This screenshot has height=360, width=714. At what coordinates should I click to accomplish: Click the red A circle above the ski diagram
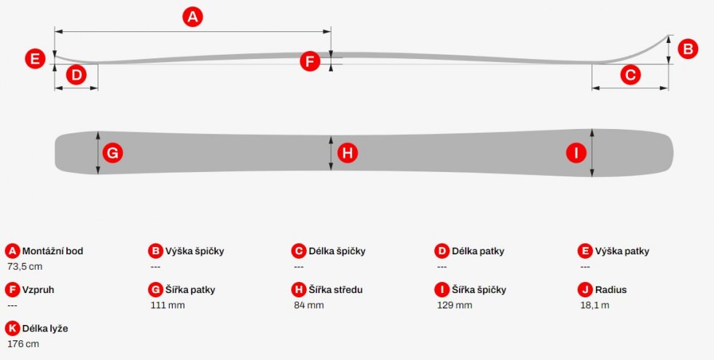(x=192, y=17)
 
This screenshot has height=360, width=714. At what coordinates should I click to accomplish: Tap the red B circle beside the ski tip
(x=688, y=49)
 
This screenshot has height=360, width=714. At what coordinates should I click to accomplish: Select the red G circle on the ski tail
(x=112, y=153)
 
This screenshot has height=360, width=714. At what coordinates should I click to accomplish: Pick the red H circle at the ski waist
(x=348, y=153)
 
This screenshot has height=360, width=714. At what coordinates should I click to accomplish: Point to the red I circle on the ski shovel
(x=576, y=153)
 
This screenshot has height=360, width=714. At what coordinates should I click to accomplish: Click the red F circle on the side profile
(x=310, y=61)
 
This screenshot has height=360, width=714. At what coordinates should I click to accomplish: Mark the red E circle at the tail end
(x=35, y=59)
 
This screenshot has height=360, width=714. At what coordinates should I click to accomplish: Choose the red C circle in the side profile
(x=630, y=75)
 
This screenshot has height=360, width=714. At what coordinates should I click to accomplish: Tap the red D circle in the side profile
(x=76, y=75)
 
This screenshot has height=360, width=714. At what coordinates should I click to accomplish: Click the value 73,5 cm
(x=25, y=267)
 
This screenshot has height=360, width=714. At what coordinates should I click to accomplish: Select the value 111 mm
(x=168, y=305)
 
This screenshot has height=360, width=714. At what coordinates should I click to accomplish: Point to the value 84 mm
(x=309, y=305)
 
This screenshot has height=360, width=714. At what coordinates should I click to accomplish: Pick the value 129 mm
(x=455, y=305)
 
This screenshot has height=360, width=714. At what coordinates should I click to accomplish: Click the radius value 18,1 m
(x=595, y=305)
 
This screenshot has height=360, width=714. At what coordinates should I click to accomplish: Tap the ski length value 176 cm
(x=23, y=344)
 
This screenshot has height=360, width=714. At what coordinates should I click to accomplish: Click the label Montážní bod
(x=52, y=251)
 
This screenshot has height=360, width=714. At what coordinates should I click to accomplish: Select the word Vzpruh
(x=38, y=290)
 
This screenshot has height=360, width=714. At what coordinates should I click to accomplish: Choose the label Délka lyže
(x=45, y=329)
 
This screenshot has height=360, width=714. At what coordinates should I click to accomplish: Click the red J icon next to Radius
(x=585, y=290)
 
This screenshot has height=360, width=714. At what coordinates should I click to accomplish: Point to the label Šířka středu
(x=336, y=290)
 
